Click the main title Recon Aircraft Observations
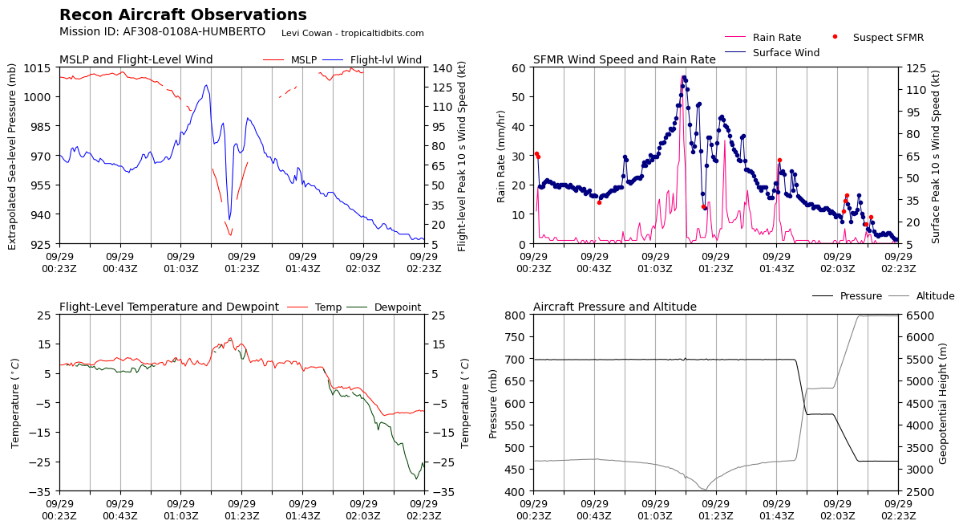[183, 15]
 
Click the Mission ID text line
[162, 32]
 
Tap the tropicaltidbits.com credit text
[352, 33]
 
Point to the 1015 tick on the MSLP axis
[40, 67]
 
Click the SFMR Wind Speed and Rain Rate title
[624, 60]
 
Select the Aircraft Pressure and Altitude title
[614, 307]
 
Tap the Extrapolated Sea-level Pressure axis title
[13, 156]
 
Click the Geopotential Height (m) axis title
[943, 402]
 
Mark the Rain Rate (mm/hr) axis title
[501, 156]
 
